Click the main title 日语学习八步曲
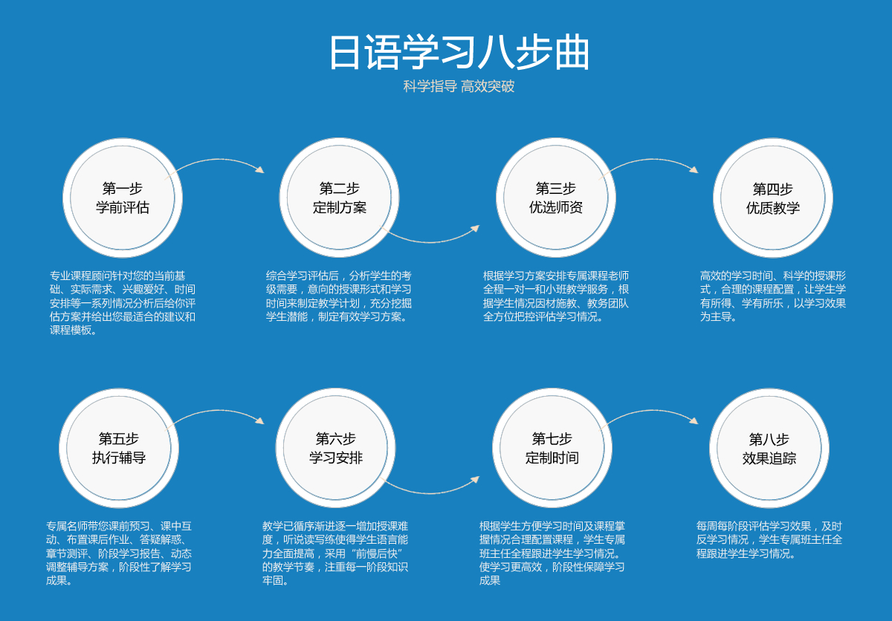459,53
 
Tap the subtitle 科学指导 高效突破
459,86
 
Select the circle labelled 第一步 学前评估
123,198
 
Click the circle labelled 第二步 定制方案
339,198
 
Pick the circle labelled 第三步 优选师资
556,198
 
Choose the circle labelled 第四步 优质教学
773,198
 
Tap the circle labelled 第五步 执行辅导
119,449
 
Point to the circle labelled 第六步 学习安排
336,449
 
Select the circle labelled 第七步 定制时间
552,449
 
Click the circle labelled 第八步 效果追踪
769,449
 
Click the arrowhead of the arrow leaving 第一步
260,170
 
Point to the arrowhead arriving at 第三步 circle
476,228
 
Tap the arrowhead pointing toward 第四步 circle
694,170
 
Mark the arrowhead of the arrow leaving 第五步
260,421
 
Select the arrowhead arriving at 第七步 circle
476,479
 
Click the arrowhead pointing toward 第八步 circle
694,421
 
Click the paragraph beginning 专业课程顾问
123,303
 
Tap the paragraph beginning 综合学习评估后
339,296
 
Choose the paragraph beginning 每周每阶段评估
769,540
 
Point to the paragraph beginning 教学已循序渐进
335,553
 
